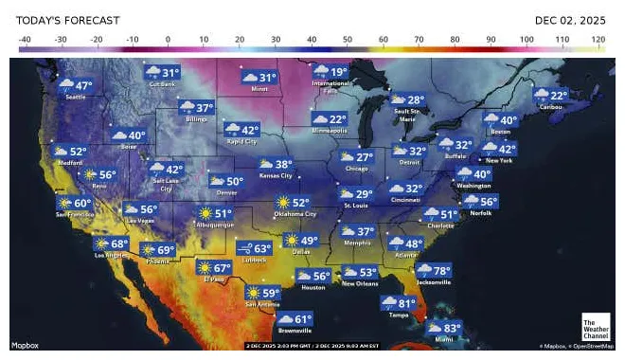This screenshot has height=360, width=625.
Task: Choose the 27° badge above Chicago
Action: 356,157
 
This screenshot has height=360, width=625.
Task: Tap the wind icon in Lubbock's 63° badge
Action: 244,249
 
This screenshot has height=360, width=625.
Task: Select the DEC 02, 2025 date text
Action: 569,19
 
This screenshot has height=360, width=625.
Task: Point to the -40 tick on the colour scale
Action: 25,39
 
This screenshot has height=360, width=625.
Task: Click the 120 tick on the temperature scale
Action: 598,39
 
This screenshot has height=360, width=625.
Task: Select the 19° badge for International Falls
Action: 330,72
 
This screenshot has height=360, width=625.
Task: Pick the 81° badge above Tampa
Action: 397,303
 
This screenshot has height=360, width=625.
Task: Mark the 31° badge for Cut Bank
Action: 162,73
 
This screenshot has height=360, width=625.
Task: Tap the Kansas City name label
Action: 276,176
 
